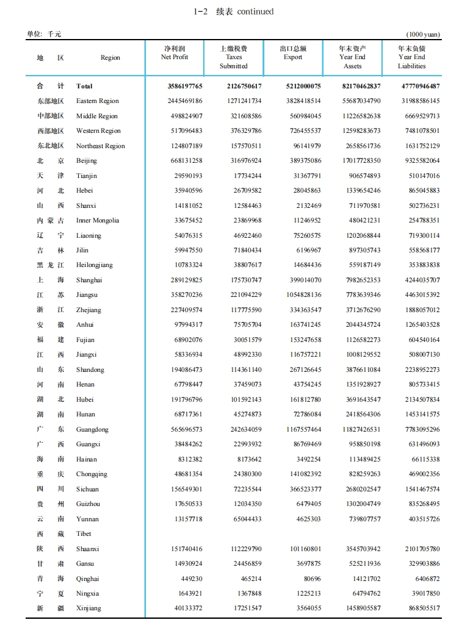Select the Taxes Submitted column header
pyautogui.click(x=234, y=57)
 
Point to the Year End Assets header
pyautogui.click(x=352, y=57)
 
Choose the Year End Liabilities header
pyautogui.click(x=411, y=57)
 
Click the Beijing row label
pyautogui.click(x=86, y=161)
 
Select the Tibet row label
pyautogui.click(x=84, y=534)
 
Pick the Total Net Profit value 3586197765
pyautogui.click(x=185, y=87)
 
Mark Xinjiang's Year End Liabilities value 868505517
pyautogui.click(x=422, y=608)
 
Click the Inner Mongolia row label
pyautogui.click(x=97, y=221)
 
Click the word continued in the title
pyautogui.click(x=255, y=12)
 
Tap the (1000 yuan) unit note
pyautogui.click(x=423, y=35)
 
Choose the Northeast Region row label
pyautogui.click(x=100, y=146)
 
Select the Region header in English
pyautogui.click(x=110, y=58)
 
